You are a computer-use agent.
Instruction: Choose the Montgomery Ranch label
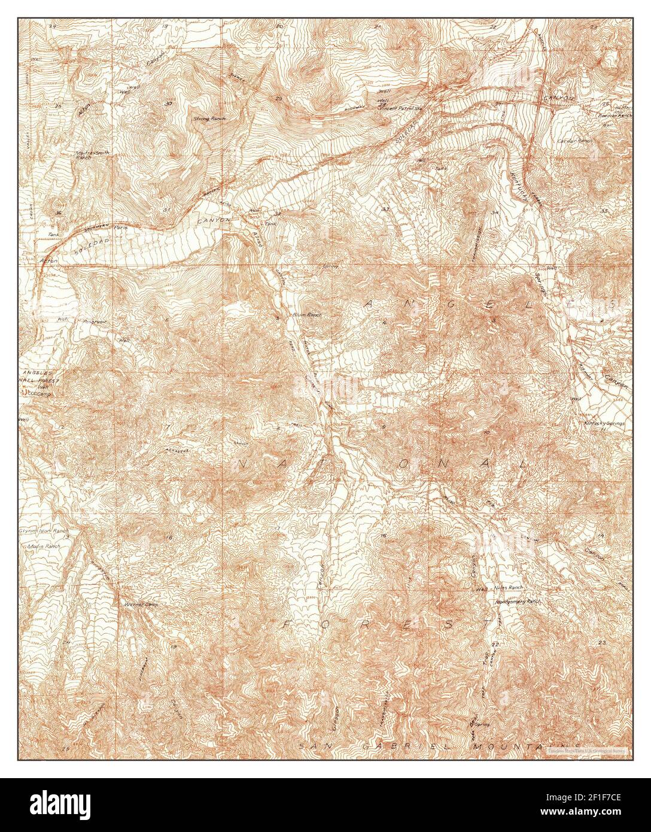tap(518, 600)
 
